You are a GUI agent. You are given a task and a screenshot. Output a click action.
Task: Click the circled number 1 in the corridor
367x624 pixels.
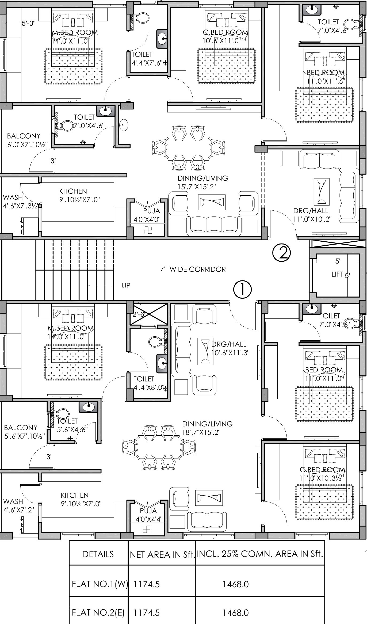tap(242, 289)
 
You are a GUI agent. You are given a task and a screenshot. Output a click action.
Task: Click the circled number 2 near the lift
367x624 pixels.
tap(281, 253)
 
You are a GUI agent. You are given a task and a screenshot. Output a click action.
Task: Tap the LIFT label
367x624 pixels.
tap(337, 274)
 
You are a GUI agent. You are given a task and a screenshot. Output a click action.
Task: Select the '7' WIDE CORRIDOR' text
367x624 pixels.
tap(193, 269)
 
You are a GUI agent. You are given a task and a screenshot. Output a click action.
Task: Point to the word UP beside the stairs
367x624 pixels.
tap(126, 286)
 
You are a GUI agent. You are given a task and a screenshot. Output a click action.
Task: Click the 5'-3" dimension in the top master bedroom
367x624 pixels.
tap(29, 23)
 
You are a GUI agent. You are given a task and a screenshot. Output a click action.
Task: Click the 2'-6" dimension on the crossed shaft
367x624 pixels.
tap(139, 314)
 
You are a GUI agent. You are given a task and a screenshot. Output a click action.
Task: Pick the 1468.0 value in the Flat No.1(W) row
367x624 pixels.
tap(236, 584)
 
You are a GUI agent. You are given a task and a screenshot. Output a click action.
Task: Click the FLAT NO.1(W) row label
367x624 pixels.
tap(100, 584)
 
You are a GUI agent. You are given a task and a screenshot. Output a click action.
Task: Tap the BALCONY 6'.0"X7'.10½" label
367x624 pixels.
tap(27, 140)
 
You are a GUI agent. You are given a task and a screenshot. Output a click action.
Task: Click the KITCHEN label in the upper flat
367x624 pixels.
tap(73, 191)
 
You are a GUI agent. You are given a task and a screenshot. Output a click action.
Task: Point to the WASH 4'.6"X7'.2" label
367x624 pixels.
tap(18, 505)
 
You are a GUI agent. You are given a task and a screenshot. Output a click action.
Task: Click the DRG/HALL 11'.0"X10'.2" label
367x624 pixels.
tap(312, 215)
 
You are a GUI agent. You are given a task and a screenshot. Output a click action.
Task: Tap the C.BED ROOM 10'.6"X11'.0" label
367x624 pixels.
tap(225, 36)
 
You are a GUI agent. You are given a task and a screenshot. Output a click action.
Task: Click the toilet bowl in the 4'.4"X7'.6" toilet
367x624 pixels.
tap(142, 18)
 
